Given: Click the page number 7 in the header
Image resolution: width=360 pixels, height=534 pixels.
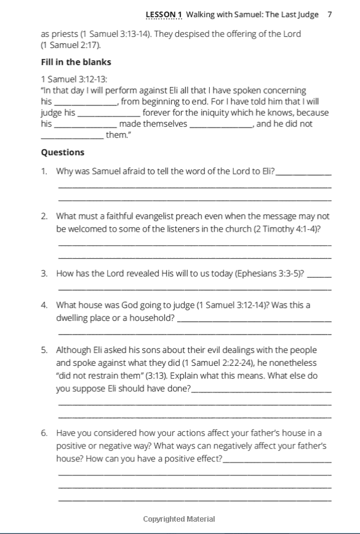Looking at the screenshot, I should tap(330, 14).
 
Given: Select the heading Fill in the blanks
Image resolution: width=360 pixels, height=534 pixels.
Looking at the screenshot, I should tap(76, 62).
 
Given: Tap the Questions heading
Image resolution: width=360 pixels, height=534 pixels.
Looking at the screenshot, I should tap(63, 152).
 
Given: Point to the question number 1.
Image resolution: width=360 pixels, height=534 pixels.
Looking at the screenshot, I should tap(44, 171).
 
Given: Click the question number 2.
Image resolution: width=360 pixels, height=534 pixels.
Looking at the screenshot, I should tap(44, 216).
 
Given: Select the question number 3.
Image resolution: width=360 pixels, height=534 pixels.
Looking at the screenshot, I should tap(44, 273).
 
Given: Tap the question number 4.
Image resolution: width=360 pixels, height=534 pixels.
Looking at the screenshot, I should tap(44, 305).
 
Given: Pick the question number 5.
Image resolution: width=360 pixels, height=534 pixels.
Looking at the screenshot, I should tap(44, 350).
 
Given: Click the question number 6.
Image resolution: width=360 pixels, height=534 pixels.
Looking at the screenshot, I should tap(44, 434).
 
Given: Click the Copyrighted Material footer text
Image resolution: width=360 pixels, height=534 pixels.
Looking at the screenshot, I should tap(179, 519).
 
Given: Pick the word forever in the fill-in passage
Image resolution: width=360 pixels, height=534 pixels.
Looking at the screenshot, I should tap(160, 113).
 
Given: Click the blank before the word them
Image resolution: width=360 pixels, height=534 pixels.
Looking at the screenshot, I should tap(72, 136).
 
